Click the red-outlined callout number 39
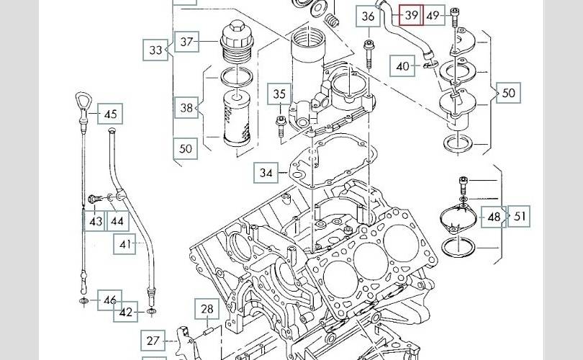[411, 14]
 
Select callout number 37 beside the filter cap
[187, 42]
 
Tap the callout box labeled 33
[156, 50]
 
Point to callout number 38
[187, 109]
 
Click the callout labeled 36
[369, 16]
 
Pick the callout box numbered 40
[403, 66]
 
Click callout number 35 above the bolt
[279, 94]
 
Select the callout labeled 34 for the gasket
[266, 173]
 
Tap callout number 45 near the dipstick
[110, 114]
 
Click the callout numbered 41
[126, 245]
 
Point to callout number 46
[109, 300]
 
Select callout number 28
[207, 310]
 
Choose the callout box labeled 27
[153, 341]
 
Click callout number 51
[519, 216]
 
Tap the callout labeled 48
[494, 216]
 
